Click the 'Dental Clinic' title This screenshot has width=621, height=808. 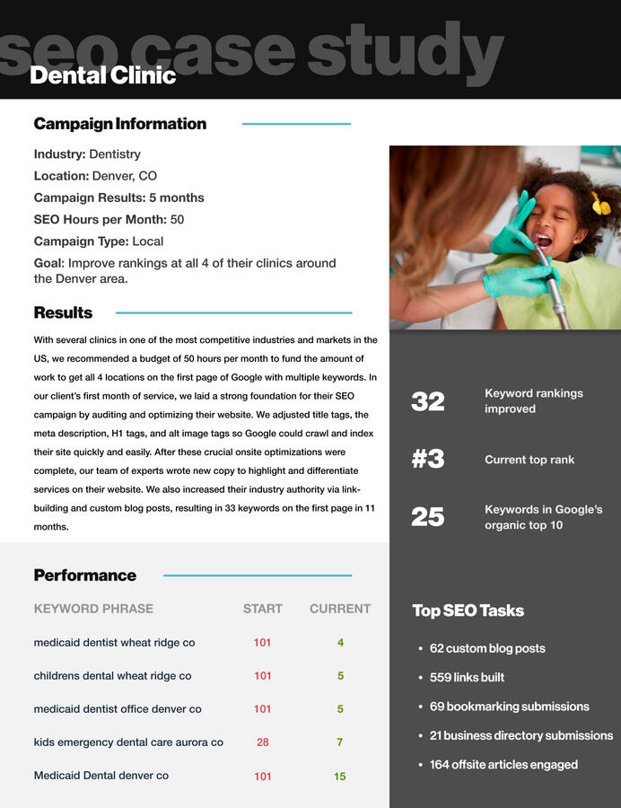[x=102, y=75]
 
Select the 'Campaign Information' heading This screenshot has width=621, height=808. [x=119, y=124]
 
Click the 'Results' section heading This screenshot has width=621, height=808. [x=63, y=312]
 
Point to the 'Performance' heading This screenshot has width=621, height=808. [x=84, y=575]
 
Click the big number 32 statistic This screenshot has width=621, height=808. [x=428, y=401]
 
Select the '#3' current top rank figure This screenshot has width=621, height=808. [x=428, y=459]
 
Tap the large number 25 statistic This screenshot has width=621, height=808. [x=428, y=516]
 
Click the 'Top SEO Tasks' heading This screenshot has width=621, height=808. [x=468, y=610]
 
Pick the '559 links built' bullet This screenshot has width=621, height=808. [x=466, y=677]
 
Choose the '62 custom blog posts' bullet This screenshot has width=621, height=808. [x=486, y=648]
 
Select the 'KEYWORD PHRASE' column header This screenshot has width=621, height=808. [x=93, y=609]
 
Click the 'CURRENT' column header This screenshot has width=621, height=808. [x=340, y=609]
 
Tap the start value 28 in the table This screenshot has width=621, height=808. [x=263, y=742]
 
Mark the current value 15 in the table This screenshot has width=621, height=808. [x=340, y=777]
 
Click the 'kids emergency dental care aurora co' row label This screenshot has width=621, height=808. [x=128, y=742]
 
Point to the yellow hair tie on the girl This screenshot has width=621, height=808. [x=600, y=205]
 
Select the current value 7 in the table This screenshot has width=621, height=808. [x=340, y=742]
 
